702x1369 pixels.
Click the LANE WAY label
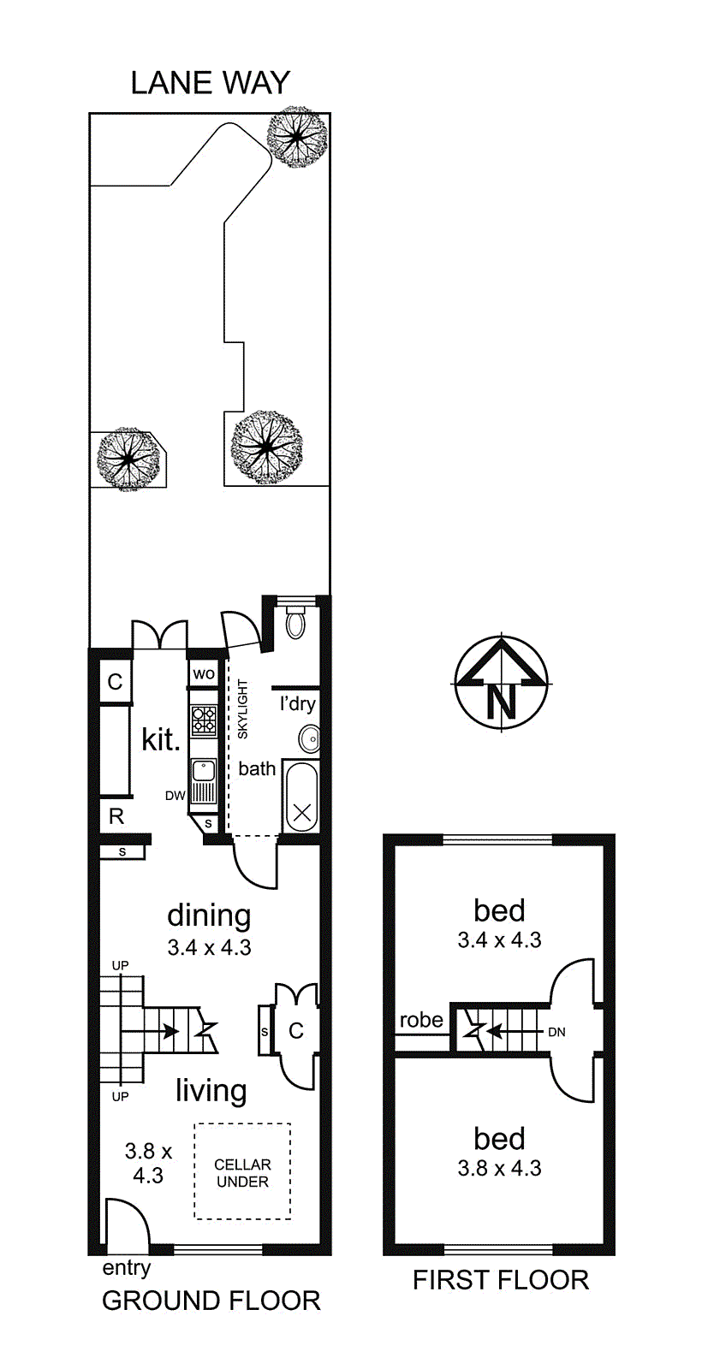[x=211, y=83]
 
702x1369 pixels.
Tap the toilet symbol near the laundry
[x=295, y=622]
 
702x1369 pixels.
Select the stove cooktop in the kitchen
[x=205, y=720]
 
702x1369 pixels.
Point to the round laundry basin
[x=309, y=739]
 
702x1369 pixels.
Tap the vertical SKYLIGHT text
[x=243, y=709]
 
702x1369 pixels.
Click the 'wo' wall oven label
[x=204, y=674]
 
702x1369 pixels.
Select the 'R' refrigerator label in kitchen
[x=116, y=816]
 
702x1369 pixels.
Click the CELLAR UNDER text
[x=243, y=1173]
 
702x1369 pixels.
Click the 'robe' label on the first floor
[x=421, y=1019]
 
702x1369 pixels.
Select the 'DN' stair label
[x=556, y=1032]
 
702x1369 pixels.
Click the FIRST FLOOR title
[x=501, y=1280]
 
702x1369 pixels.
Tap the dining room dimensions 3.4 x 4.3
[x=209, y=947]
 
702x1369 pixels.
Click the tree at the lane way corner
[x=297, y=137]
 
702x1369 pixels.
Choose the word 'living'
[x=211, y=1091]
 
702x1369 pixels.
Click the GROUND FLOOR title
[x=211, y=1301]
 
